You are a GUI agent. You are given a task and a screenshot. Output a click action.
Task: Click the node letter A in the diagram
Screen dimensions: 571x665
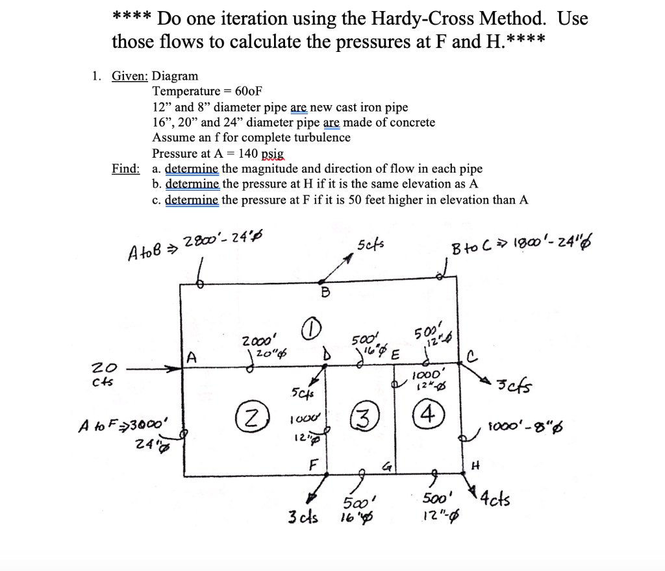(191, 356)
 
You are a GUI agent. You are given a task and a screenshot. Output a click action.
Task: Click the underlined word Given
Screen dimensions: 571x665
(130, 76)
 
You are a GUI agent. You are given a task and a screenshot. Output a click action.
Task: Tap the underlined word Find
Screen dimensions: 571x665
(125, 169)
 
